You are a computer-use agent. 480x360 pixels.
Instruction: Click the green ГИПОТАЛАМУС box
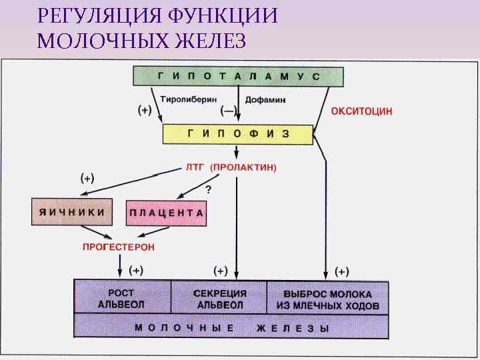coord(239,77)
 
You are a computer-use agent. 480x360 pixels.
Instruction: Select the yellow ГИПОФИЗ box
coord(238,133)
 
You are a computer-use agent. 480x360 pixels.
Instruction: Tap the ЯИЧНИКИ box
coord(72,211)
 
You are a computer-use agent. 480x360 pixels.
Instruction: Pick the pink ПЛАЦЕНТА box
coord(166,213)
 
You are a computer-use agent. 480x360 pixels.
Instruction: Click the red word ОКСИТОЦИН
coord(362,111)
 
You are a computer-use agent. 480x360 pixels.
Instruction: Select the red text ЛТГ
coord(196,167)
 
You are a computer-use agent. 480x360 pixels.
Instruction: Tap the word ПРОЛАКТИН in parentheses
coord(244,167)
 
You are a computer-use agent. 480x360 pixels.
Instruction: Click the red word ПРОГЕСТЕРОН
coord(118,247)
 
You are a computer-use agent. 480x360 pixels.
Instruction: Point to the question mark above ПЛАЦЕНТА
coord(208,190)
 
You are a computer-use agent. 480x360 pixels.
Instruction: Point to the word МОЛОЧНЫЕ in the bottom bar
coord(184,328)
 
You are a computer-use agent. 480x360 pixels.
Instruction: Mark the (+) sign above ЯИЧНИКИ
coord(87,179)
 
